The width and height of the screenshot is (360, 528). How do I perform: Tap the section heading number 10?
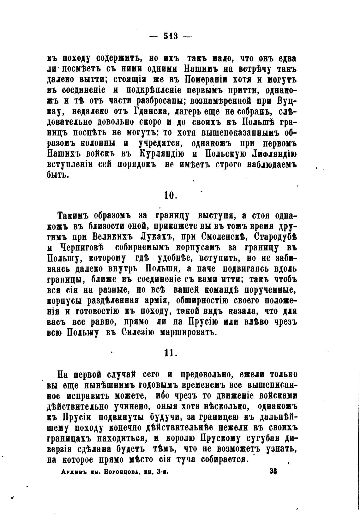[170, 195]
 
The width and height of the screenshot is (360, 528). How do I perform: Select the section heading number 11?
[170, 352]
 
